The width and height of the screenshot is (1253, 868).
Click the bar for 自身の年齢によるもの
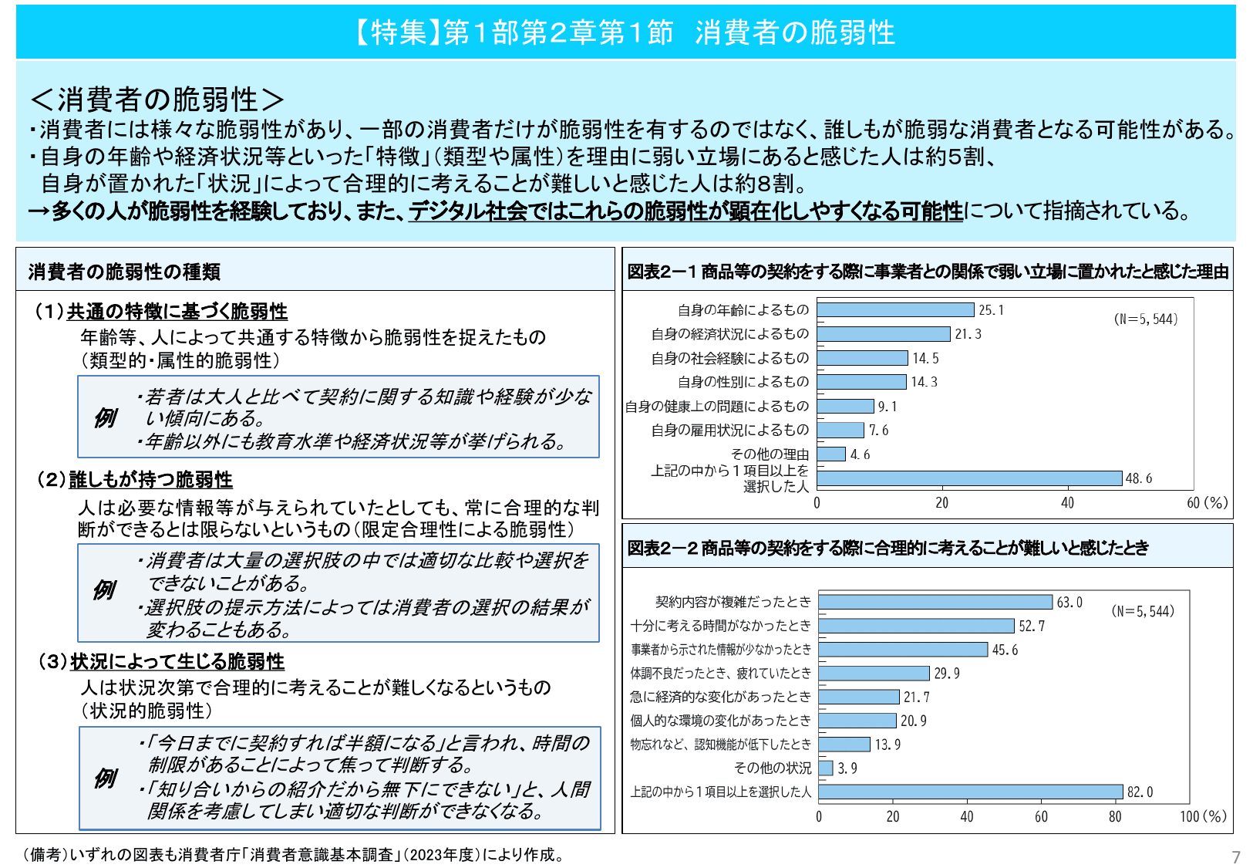pyautogui.click(x=895, y=310)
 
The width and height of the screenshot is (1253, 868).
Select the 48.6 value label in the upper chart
pyautogui.click(x=1138, y=478)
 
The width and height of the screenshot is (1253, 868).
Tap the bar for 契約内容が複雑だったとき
pyautogui.click(x=935, y=602)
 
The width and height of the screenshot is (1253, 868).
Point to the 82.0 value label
pyautogui.click(x=1140, y=792)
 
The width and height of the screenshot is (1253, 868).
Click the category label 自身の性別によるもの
pyautogui.click(x=743, y=382)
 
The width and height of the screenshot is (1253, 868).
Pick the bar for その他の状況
pyautogui.click(x=826, y=768)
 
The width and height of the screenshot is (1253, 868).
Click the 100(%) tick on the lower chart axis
pyautogui.click(x=1202, y=816)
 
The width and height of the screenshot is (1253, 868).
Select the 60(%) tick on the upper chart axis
pyautogui.click(x=1207, y=503)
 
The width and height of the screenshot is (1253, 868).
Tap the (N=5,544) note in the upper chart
pyautogui.click(x=1146, y=319)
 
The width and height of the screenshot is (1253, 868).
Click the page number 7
pyautogui.click(x=1236, y=857)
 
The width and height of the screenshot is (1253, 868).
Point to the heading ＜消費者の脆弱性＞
pyautogui.click(x=157, y=99)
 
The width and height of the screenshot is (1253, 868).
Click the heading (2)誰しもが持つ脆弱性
pyautogui.click(x=136, y=480)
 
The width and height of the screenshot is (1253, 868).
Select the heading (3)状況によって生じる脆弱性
pyautogui.click(x=162, y=662)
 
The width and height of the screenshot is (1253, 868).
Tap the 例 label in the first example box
pyautogui.click(x=105, y=418)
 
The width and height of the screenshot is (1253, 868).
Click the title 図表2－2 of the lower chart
pyautogui.click(x=887, y=548)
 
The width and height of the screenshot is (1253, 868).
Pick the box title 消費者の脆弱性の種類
pyautogui.click(x=125, y=272)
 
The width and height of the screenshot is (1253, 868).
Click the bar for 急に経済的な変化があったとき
pyautogui.click(x=859, y=697)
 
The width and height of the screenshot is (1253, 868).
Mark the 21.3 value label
pyautogui.click(x=968, y=334)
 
